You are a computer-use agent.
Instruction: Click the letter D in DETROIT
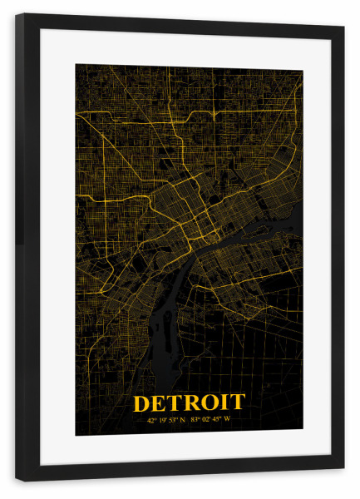[x=142, y=403]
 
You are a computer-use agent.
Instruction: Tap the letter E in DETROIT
[x=160, y=403]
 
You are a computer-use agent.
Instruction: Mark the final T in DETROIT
[x=237, y=403]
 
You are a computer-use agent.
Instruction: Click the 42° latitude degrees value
[x=152, y=420]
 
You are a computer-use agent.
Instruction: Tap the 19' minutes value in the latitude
[x=164, y=420]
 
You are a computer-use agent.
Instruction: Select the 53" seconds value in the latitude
[x=175, y=420]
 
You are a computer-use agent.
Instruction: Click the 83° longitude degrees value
[x=195, y=420]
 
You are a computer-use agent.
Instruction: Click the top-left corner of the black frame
[x=17, y=15]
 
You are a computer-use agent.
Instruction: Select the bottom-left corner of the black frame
[x=17, y=480]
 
